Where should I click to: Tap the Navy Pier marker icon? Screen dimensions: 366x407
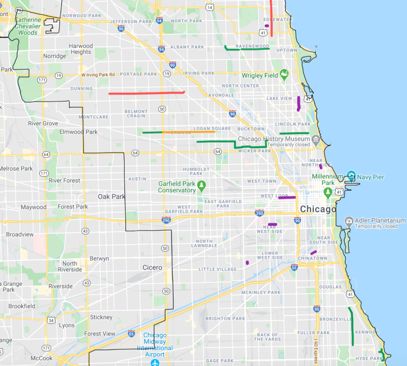click(x=351, y=176)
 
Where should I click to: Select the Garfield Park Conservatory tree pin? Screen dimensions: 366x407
click(x=201, y=186)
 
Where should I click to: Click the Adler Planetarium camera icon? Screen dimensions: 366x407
click(x=349, y=221)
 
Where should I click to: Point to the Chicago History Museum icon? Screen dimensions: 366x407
click(x=315, y=140)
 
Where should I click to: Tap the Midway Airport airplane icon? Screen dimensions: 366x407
click(x=155, y=362)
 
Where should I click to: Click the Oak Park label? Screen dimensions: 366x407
click(x=111, y=197)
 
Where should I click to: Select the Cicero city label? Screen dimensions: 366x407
click(x=152, y=268)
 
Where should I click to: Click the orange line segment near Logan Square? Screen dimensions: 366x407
click(x=188, y=132)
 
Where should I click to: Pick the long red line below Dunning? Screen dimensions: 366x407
click(x=146, y=93)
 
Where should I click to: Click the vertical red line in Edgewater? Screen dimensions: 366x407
click(x=271, y=19)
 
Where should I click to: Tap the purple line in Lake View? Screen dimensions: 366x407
click(x=299, y=104)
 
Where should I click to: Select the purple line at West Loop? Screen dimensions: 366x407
click(x=287, y=198)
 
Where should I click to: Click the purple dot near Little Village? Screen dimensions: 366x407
click(x=247, y=263)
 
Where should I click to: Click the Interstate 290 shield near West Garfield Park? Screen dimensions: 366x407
click(x=166, y=220)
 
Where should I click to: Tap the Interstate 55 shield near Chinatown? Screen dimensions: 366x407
click(x=294, y=268)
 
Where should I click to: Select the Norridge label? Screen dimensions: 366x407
click(x=55, y=56)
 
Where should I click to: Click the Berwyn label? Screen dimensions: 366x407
click(x=99, y=258)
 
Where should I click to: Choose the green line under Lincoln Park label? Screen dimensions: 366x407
click(x=294, y=133)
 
